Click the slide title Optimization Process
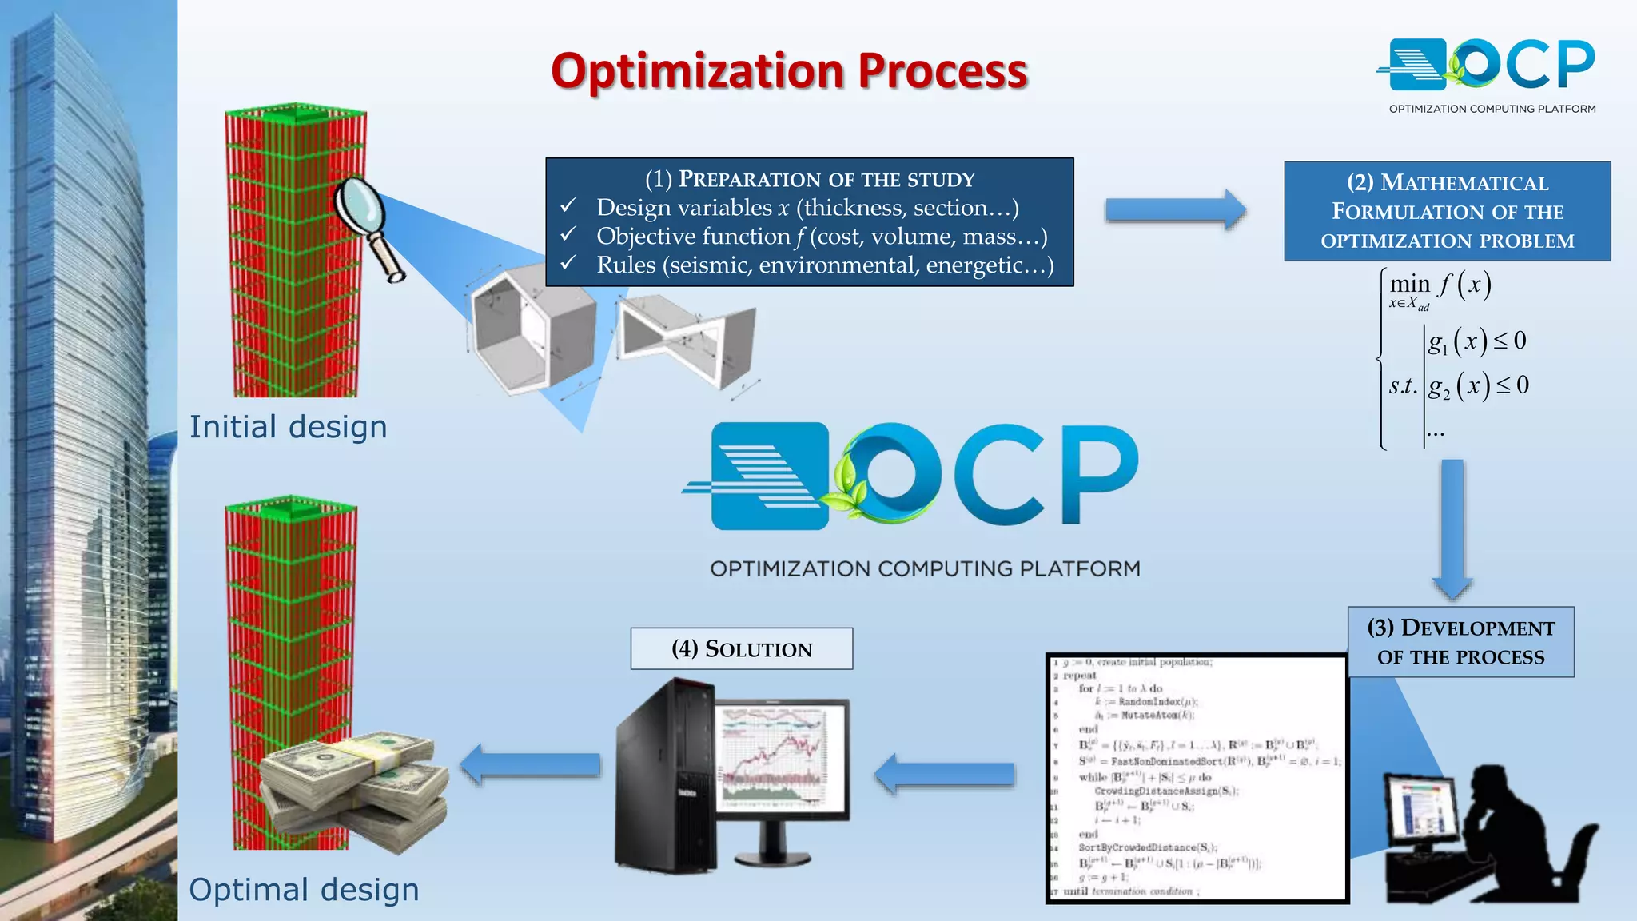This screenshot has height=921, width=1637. (789, 71)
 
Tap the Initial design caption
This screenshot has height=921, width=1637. (288, 427)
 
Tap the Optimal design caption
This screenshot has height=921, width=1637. (304, 889)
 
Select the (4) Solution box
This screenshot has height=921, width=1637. (741, 648)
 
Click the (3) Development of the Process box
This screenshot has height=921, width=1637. (1460, 642)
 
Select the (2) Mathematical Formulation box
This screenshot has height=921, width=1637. (1447, 211)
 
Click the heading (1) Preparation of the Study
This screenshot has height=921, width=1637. (809, 179)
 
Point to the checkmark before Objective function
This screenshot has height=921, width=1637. (568, 235)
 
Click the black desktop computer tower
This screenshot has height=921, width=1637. (663, 775)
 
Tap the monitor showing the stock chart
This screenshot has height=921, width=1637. (783, 760)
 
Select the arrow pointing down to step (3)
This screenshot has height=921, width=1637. (1452, 528)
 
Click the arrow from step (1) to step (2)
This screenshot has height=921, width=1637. (1175, 210)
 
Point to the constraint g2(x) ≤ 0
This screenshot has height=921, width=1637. (1477, 385)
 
